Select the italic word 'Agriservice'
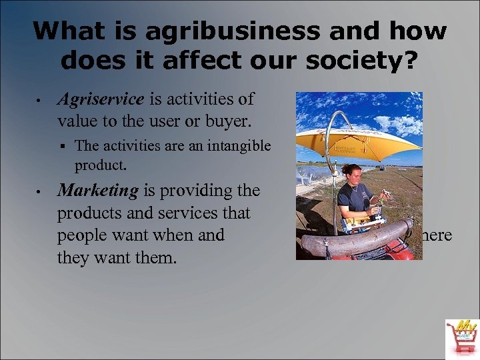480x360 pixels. coord(101,99)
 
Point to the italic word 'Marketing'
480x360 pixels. coord(98,191)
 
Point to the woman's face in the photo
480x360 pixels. coord(353,175)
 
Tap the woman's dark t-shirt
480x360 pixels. coord(353,200)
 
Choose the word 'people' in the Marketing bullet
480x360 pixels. coord(83,236)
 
